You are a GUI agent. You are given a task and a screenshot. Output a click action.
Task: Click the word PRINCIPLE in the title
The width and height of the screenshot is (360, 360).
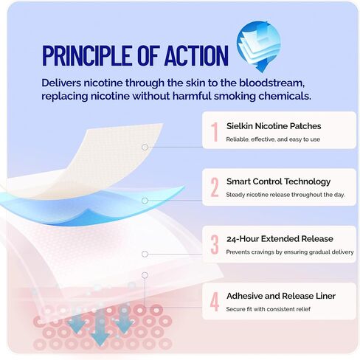87,55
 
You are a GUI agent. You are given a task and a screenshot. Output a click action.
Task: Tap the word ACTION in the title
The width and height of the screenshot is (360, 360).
196,55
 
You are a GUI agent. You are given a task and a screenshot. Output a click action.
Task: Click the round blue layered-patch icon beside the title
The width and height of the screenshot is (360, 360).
258,46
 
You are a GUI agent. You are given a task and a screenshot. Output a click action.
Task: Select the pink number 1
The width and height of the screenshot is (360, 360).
215,132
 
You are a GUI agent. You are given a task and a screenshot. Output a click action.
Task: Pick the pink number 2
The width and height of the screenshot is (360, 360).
215,187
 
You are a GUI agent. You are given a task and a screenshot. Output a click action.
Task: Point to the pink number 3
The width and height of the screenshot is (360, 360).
215,244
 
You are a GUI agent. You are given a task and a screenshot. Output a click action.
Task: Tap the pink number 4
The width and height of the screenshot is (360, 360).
215,302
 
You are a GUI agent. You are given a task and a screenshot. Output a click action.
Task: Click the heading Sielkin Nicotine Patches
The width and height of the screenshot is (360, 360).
274,126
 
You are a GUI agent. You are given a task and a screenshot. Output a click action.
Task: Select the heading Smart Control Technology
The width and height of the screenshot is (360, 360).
278,181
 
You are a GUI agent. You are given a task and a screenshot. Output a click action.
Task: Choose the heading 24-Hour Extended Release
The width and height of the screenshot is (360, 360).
280,239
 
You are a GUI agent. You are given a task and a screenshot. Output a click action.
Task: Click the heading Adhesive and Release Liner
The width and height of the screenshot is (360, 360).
281,296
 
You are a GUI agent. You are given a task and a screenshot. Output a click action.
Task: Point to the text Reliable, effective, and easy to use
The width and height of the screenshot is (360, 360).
273,139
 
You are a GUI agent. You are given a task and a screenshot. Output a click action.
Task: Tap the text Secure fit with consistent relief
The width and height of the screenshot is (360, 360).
269,309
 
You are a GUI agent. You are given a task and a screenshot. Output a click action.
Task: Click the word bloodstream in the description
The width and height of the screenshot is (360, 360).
272,83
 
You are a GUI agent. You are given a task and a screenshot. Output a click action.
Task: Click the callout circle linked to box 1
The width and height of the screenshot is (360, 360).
145,147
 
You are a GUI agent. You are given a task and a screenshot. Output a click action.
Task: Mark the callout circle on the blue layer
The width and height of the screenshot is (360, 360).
145,201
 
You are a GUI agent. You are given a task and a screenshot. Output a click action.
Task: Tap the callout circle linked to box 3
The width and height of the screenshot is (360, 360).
145,254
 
